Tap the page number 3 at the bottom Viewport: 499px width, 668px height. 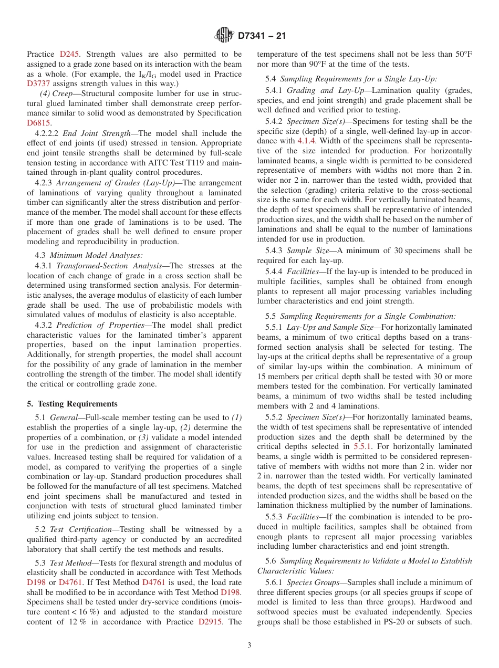pyautogui.click(x=250, y=645)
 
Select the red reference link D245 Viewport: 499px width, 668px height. pyautogui.click(x=69, y=54)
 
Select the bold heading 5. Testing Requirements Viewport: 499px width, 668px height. pyautogui.click(x=72, y=403)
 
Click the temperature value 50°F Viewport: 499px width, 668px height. pyautogui.click(x=462, y=54)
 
